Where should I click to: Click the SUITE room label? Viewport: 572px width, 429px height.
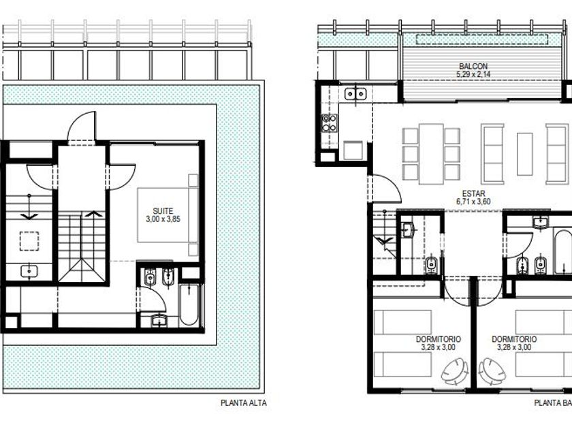coord(163,211)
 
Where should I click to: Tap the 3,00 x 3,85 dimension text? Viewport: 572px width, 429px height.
coord(163,219)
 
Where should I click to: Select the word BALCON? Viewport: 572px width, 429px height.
coord(473,67)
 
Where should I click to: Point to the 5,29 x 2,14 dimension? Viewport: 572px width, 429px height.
coord(473,74)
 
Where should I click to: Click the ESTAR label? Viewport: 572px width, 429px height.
coord(473,193)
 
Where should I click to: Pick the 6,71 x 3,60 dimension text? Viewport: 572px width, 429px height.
coord(473,202)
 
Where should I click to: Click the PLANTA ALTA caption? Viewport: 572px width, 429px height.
coord(244,403)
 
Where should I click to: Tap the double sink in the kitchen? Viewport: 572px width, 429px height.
coord(355,94)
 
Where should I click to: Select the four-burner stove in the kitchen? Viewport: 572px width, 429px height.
coord(329,123)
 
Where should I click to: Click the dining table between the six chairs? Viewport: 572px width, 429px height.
coord(431,154)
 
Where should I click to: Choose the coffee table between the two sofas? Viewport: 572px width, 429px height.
coord(524,154)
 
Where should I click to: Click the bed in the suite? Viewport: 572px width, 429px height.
coord(168,215)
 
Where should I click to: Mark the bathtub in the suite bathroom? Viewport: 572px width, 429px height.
coord(189,305)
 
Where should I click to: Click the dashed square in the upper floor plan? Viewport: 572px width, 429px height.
coord(29,241)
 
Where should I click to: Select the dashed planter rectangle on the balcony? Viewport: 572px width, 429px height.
coord(482,39)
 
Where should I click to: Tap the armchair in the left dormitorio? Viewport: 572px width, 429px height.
coord(455,370)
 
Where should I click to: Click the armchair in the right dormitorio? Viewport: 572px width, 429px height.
coord(492,370)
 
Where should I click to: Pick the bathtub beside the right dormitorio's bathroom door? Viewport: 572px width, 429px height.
coord(562,251)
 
